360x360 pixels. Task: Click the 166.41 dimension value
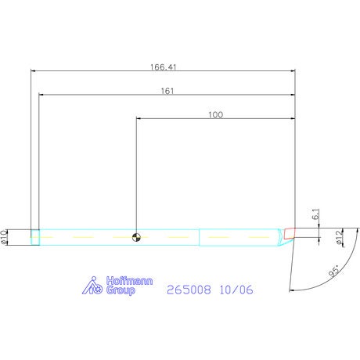[x=164, y=67]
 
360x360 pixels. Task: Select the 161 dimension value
[x=167, y=91]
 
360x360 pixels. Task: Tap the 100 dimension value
[x=215, y=115]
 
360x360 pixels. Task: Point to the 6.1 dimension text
[x=315, y=214]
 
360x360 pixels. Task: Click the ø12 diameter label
[x=339, y=237]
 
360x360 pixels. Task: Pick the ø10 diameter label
[x=4, y=237]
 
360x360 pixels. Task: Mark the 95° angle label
[x=334, y=271]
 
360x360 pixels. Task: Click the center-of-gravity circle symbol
[x=136, y=237]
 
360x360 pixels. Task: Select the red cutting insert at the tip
[x=290, y=233]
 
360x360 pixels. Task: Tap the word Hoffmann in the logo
[x=129, y=281]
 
